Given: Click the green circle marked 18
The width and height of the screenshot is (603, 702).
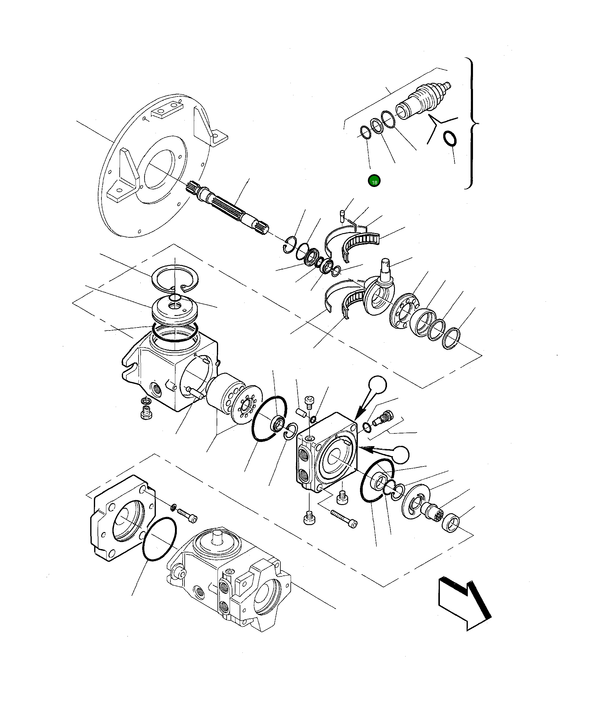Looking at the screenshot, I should point(374,181).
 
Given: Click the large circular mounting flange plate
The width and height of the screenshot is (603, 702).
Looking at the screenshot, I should point(152,166).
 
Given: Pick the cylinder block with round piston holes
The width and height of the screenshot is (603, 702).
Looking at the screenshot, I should point(225,393).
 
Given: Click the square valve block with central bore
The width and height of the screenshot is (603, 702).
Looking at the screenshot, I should point(327,452).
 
